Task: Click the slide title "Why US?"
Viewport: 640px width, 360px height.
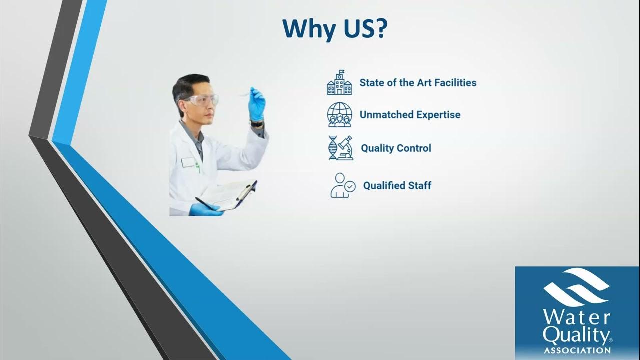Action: point(335,29)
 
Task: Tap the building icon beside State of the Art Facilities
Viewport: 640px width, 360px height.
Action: point(339,83)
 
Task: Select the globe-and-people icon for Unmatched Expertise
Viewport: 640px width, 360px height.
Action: point(339,115)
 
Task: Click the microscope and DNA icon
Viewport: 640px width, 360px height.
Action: point(340,148)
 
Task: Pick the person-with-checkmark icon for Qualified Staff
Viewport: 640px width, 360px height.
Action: point(343,185)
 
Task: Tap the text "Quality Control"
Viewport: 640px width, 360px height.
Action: point(396,148)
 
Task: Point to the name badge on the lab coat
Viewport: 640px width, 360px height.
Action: point(188,162)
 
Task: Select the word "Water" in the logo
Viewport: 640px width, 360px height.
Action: point(577,318)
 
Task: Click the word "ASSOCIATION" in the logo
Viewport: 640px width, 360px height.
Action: point(577,351)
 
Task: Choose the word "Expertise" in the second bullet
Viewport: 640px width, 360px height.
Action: point(436,115)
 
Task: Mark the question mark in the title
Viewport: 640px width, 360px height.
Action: point(378,29)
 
